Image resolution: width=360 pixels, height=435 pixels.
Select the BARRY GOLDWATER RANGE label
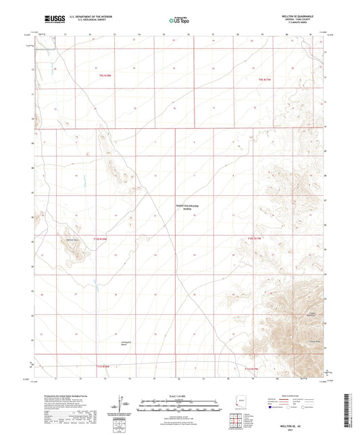[x=180, y=209]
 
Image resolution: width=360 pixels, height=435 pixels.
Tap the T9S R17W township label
[x=265, y=80]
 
